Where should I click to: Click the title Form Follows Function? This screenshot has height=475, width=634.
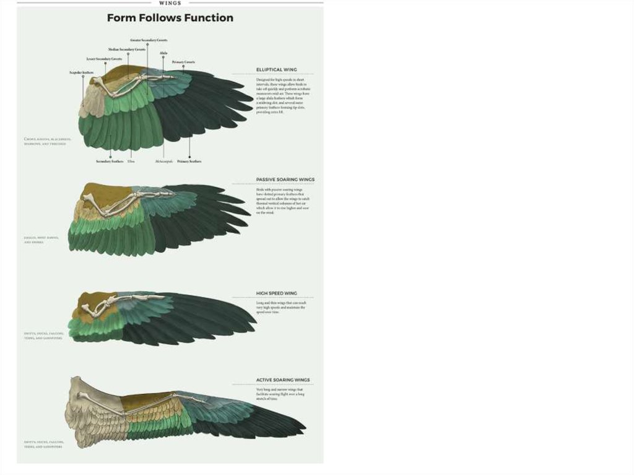tap(170, 18)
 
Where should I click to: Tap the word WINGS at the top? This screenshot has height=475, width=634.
tap(170, 2)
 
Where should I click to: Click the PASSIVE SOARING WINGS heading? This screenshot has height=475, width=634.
tap(285, 180)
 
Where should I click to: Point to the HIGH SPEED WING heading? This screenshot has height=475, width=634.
tap(277, 293)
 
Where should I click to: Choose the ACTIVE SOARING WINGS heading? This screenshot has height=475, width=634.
tap(283, 380)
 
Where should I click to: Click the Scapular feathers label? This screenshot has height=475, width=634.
tap(81, 72)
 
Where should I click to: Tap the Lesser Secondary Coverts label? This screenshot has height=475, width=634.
tap(104, 59)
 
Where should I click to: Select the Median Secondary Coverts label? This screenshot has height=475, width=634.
tap(127, 49)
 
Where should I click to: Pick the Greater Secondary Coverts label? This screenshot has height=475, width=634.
tap(149, 40)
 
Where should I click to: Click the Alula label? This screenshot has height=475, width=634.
tap(163, 53)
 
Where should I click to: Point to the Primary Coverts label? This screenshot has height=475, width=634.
tap(183, 62)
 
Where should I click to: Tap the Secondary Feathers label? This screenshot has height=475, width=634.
tap(110, 161)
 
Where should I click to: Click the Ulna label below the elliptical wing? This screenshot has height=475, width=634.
tap(131, 161)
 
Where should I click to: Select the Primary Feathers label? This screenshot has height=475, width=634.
tap(189, 161)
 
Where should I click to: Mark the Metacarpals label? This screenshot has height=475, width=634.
tap(163, 161)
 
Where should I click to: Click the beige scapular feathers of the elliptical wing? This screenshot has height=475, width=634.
tap(91, 102)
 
